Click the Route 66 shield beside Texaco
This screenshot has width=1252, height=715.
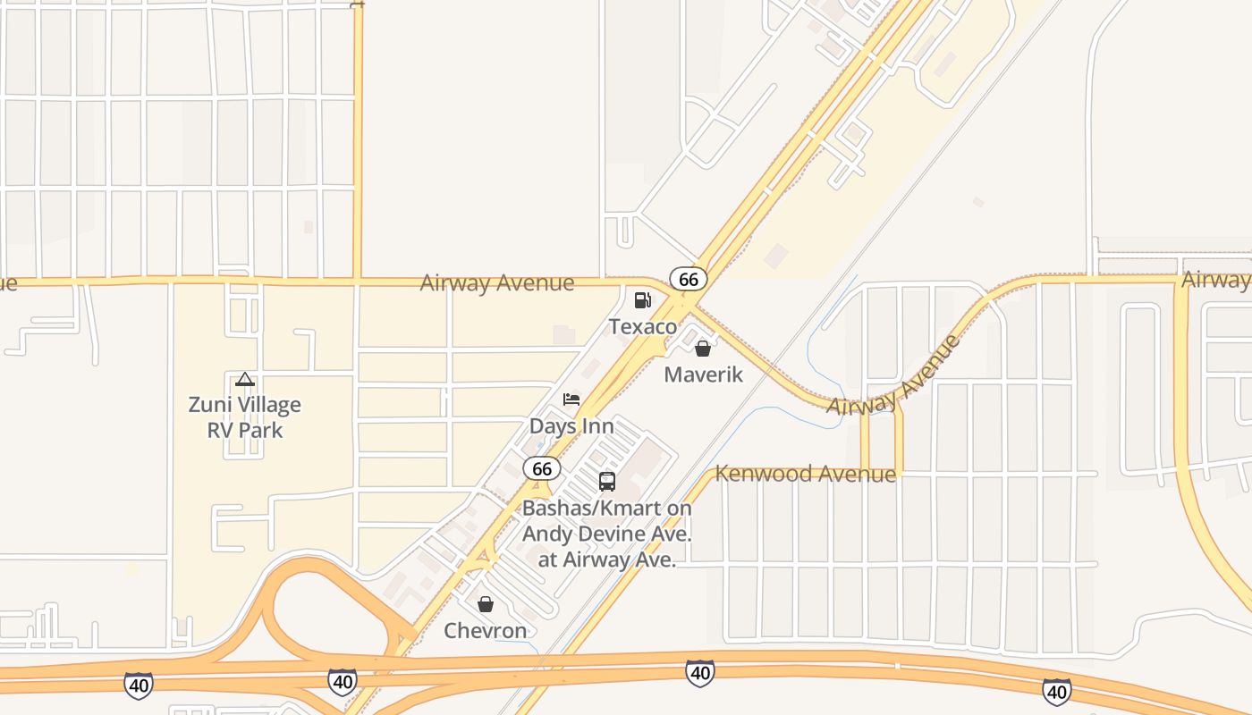[688, 279]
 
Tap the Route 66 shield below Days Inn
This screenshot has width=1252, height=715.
[542, 468]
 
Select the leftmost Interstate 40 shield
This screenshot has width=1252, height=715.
[138, 686]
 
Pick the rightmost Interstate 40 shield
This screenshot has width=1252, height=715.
[1056, 691]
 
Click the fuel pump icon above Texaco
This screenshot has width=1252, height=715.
[642, 300]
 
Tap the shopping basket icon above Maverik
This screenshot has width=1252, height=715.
[703, 349]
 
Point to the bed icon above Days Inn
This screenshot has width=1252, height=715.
[571, 400]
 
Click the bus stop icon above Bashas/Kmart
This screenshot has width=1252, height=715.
[607, 482]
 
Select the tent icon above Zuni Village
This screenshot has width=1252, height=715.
[245, 379]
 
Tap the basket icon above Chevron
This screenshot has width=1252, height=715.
[486, 605]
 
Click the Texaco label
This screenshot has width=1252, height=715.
[643, 327]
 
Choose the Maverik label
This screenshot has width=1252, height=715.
[703, 374]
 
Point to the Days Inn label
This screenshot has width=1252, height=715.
[571, 425]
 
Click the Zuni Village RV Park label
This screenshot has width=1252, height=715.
[245, 417]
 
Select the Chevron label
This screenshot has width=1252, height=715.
[486, 631]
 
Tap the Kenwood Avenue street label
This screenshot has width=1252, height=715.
[806, 474]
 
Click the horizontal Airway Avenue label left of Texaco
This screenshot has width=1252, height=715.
[497, 283]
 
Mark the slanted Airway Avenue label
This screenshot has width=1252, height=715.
[893, 376]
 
